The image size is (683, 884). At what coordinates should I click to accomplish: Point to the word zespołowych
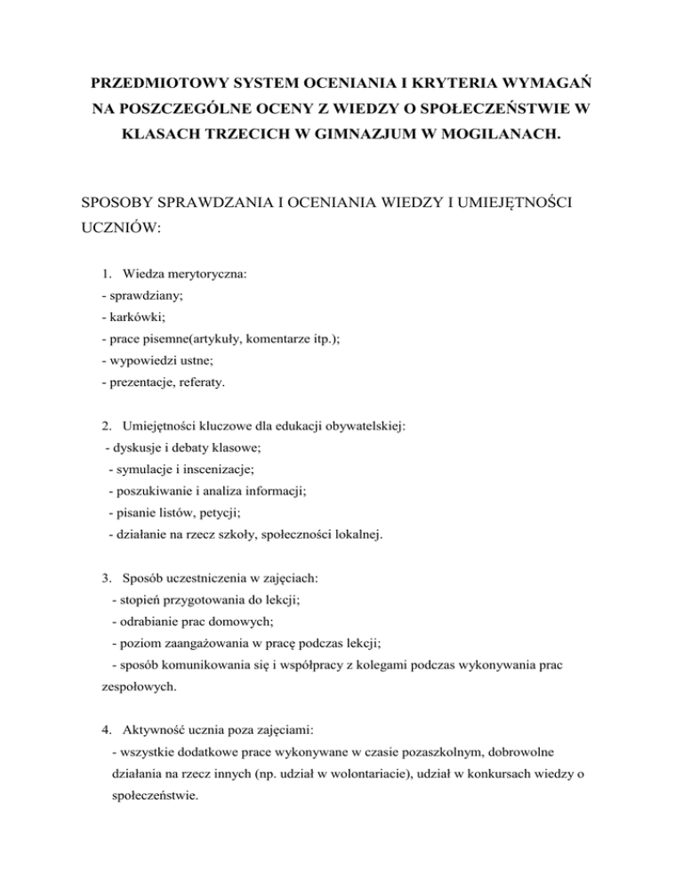click(133, 687)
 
